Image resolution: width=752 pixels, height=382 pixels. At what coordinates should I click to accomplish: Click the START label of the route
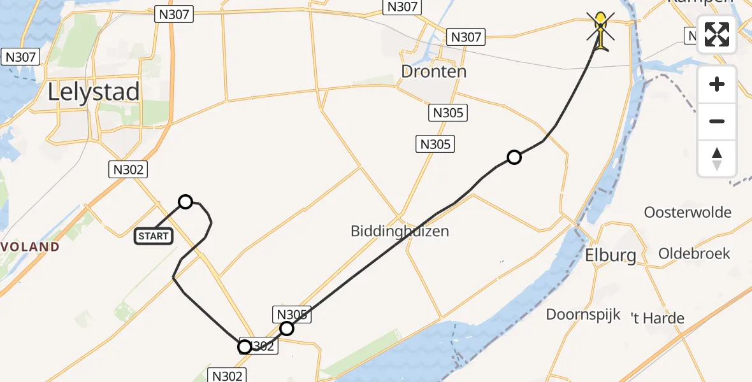154,236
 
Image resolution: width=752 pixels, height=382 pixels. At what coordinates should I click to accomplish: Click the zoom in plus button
717,84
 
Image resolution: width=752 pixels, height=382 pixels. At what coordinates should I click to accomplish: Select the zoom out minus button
717,121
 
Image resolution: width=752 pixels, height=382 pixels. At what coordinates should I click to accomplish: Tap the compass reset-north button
717,158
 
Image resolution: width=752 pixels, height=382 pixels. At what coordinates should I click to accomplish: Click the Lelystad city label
94,92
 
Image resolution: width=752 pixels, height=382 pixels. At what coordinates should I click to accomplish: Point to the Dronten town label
434,71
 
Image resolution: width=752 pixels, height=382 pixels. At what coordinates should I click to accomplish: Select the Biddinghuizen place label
400,231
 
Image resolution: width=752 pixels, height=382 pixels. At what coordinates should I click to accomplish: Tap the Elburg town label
611,256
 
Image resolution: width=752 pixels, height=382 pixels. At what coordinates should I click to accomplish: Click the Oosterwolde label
688,212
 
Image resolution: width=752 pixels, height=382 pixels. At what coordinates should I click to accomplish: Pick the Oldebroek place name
694,253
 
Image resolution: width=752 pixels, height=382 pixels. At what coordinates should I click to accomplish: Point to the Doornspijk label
583,315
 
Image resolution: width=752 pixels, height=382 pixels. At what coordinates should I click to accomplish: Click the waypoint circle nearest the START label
185,202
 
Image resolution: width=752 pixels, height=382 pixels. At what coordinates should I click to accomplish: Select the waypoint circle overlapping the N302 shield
245,347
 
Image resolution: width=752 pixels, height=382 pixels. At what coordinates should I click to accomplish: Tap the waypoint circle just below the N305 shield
287,329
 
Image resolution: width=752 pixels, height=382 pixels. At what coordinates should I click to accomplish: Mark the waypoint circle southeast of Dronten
514,157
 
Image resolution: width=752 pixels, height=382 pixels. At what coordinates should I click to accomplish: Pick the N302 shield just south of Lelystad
129,169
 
